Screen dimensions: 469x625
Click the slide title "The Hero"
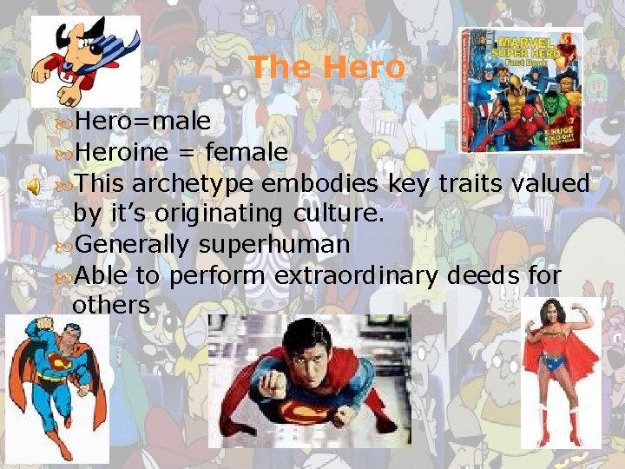click(326, 67)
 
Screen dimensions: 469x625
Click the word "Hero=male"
click(142, 122)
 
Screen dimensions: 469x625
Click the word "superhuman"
click(274, 245)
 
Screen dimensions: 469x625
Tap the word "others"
click(111, 306)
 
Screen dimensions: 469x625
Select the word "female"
click(246, 153)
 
